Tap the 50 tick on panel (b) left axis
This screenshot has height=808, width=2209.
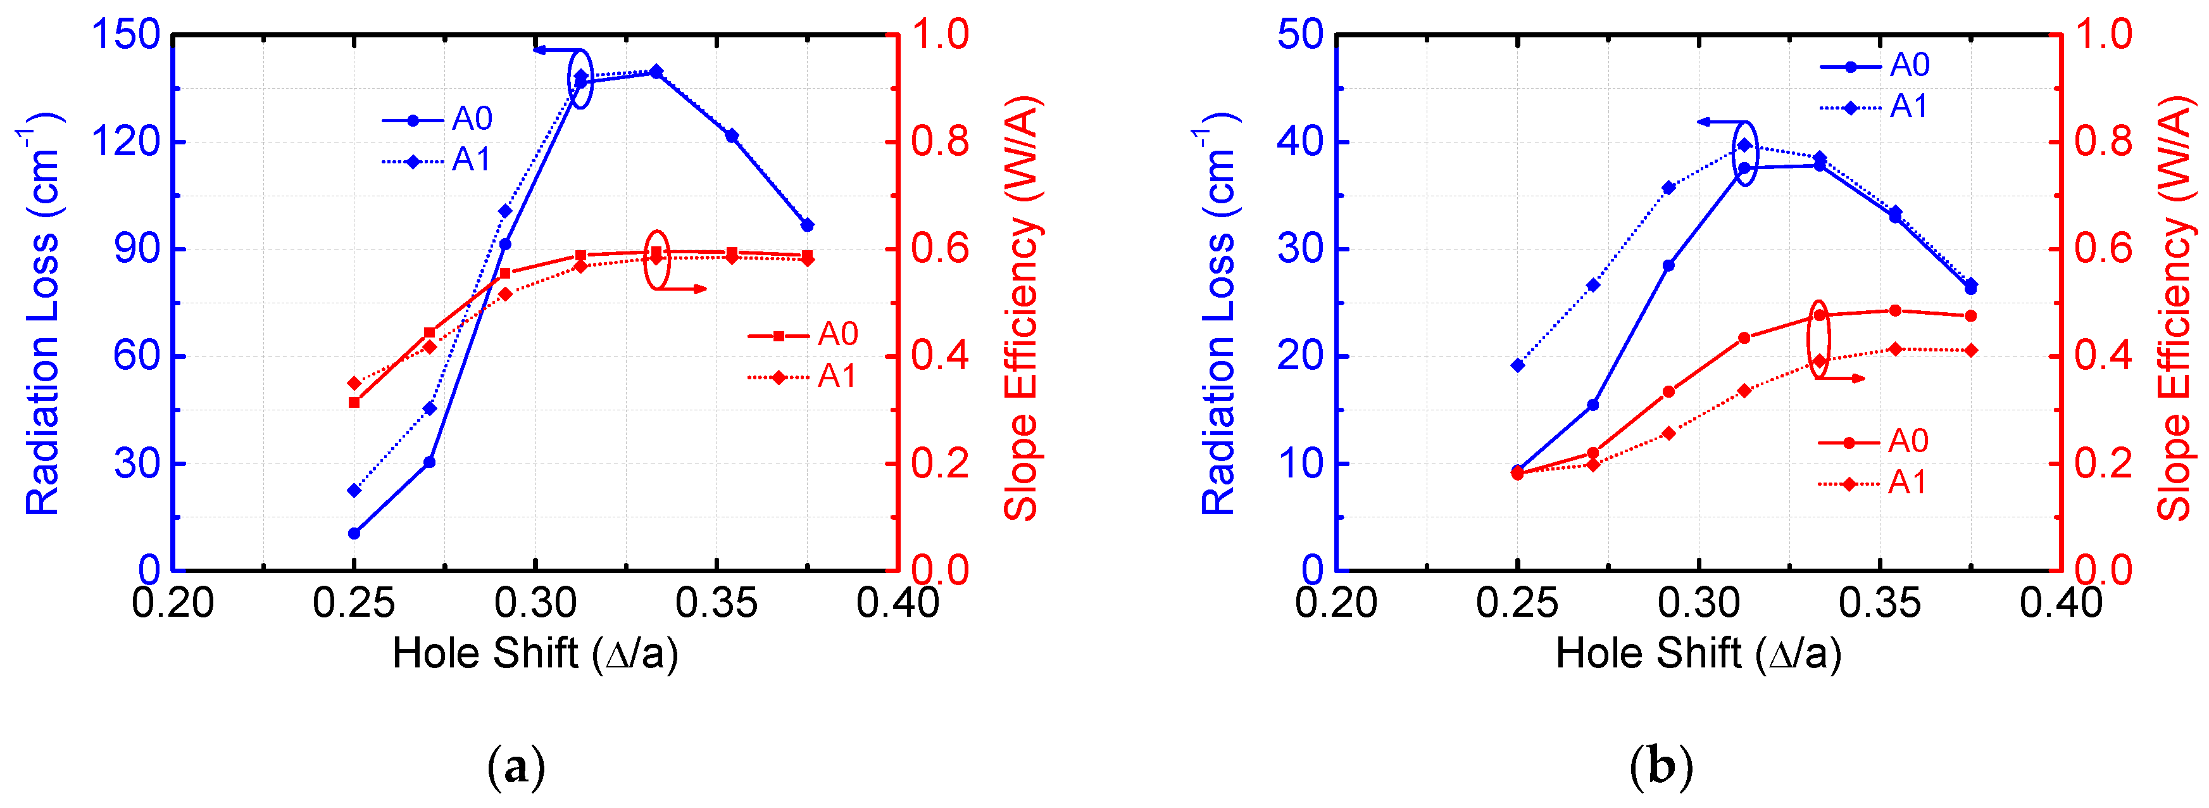(1300, 36)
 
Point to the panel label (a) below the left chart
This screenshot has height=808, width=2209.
(515, 766)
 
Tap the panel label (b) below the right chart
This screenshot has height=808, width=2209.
(1661, 766)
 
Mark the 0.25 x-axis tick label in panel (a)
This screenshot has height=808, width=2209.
(353, 603)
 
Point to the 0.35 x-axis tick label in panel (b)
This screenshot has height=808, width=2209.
(1880, 603)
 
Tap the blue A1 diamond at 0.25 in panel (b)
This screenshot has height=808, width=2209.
(1518, 365)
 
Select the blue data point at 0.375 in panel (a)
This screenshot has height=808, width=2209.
(807, 225)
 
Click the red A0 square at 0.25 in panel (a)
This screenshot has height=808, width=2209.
(354, 402)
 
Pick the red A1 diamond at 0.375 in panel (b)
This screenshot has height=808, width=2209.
(1970, 350)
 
